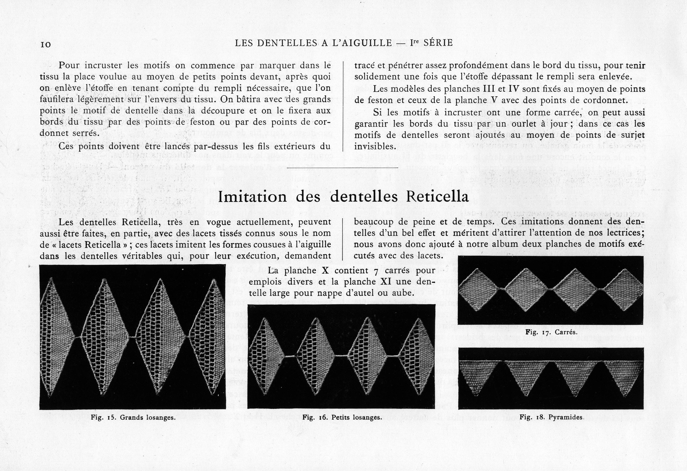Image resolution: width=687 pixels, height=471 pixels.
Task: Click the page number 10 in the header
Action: [46, 45]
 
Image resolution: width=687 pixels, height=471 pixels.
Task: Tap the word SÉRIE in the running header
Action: [438, 43]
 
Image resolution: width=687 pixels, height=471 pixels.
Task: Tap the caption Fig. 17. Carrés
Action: [551, 332]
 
